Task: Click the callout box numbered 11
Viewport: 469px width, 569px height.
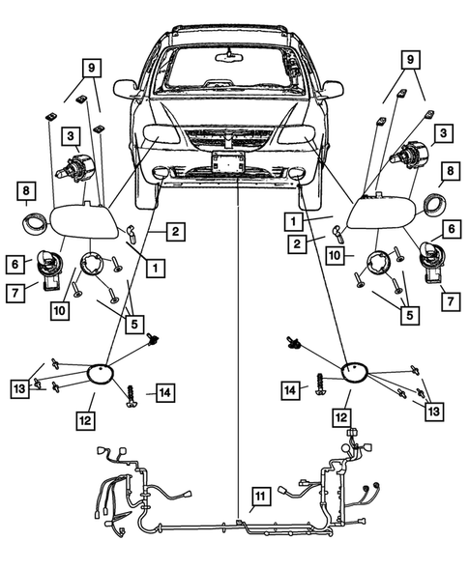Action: point(260,496)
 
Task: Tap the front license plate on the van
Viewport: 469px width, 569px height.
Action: point(228,162)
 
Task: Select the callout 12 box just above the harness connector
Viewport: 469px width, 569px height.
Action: point(341,417)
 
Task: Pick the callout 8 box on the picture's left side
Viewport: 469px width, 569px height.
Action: point(26,191)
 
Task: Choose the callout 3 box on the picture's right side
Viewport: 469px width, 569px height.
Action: point(443,133)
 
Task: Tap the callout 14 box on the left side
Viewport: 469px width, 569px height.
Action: point(165,392)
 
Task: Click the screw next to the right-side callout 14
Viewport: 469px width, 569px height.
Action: point(320,385)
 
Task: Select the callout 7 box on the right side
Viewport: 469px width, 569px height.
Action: point(451,301)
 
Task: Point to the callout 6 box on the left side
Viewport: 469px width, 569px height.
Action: point(15,264)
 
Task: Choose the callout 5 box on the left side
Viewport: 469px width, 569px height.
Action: point(134,324)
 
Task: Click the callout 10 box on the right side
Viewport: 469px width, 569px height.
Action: point(335,255)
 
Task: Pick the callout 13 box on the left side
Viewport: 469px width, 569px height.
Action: point(20,388)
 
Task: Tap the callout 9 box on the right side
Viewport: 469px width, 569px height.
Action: point(411,59)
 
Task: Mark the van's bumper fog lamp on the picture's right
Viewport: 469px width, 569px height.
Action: point(298,172)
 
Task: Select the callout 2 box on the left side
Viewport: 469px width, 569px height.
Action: point(176,232)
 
